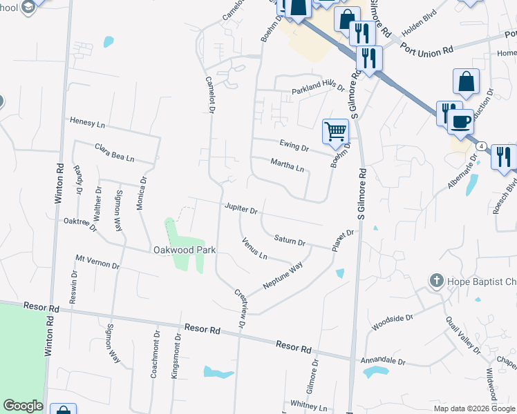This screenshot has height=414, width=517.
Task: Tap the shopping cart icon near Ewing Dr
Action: tap(335, 130)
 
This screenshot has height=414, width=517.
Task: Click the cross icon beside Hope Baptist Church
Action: tap(435, 281)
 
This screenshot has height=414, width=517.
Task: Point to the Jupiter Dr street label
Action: tap(241, 208)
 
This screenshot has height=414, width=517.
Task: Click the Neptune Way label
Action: tap(283, 276)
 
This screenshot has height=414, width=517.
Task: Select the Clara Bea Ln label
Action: tap(114, 152)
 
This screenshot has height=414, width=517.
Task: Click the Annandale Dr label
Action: tap(382, 361)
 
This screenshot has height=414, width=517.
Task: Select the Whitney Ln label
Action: tap(308, 406)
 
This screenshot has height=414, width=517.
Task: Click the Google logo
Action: tap(23, 406)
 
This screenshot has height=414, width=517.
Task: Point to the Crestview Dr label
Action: tap(240, 308)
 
